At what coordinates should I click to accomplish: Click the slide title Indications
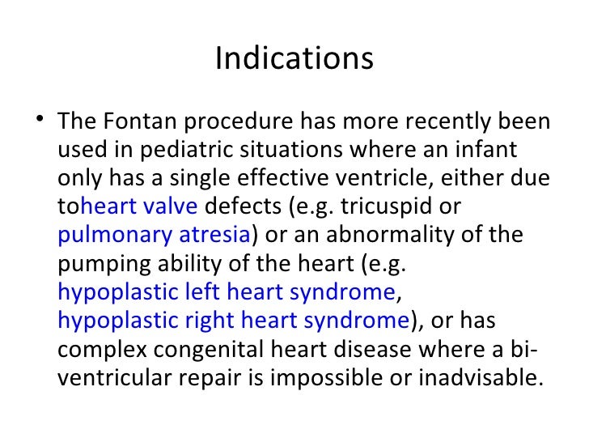click(294, 59)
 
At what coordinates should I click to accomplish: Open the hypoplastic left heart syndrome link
click(226, 291)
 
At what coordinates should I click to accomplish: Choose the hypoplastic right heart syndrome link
click(233, 320)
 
